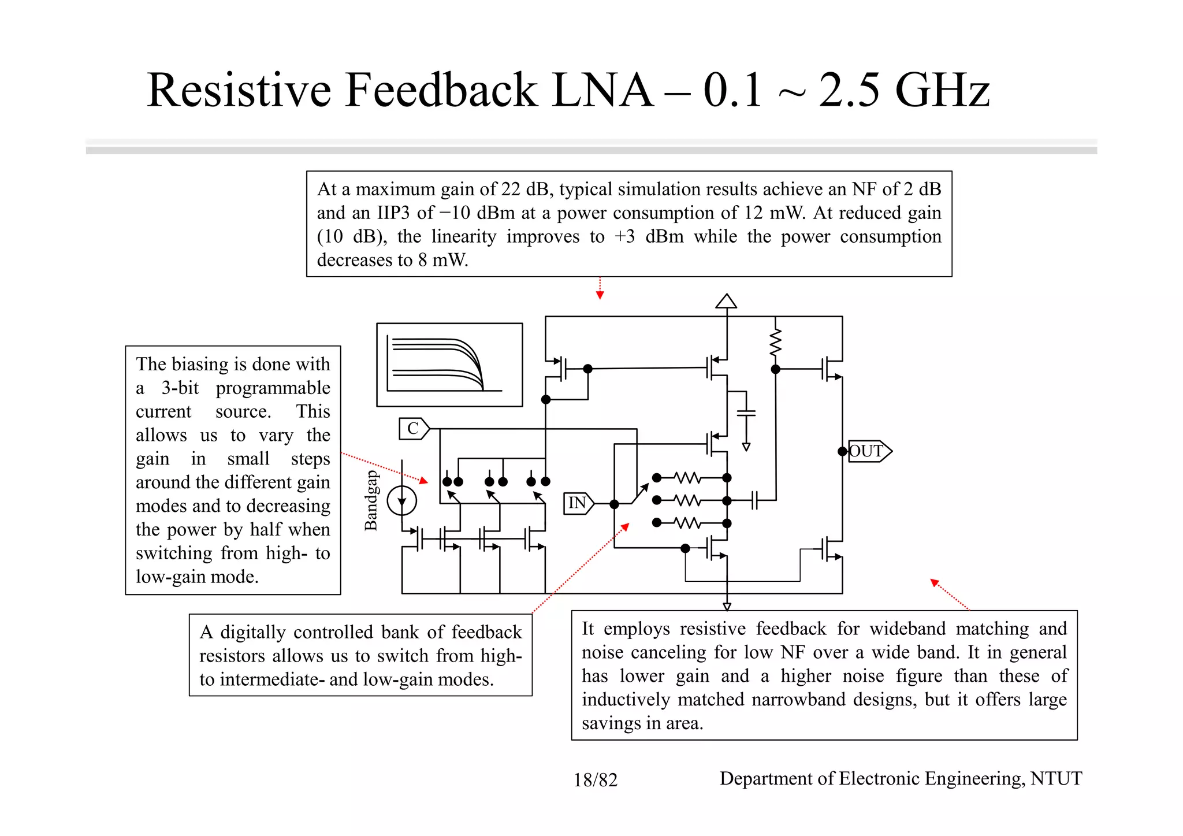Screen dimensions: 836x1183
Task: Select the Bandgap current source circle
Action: (x=401, y=500)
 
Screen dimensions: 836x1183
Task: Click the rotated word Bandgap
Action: (x=371, y=500)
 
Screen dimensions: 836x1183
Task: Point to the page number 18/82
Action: (x=595, y=780)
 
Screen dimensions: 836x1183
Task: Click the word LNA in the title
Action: (x=602, y=90)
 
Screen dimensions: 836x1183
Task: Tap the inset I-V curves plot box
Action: (x=449, y=365)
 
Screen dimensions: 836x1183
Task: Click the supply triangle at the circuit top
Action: (x=726, y=301)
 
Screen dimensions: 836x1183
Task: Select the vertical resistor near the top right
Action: (x=775, y=342)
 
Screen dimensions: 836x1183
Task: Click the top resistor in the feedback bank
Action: (x=688, y=478)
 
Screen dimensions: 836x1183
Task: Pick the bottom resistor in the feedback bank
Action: (x=688, y=523)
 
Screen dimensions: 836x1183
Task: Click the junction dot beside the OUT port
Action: (x=842, y=451)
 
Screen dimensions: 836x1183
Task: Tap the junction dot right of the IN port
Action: (x=614, y=504)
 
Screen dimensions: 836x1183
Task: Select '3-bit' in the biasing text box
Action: (x=180, y=388)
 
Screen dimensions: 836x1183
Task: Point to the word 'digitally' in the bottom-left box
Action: (x=253, y=632)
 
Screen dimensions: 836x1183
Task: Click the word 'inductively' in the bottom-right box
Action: (x=625, y=700)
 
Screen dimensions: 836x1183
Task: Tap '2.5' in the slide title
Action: (x=849, y=90)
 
